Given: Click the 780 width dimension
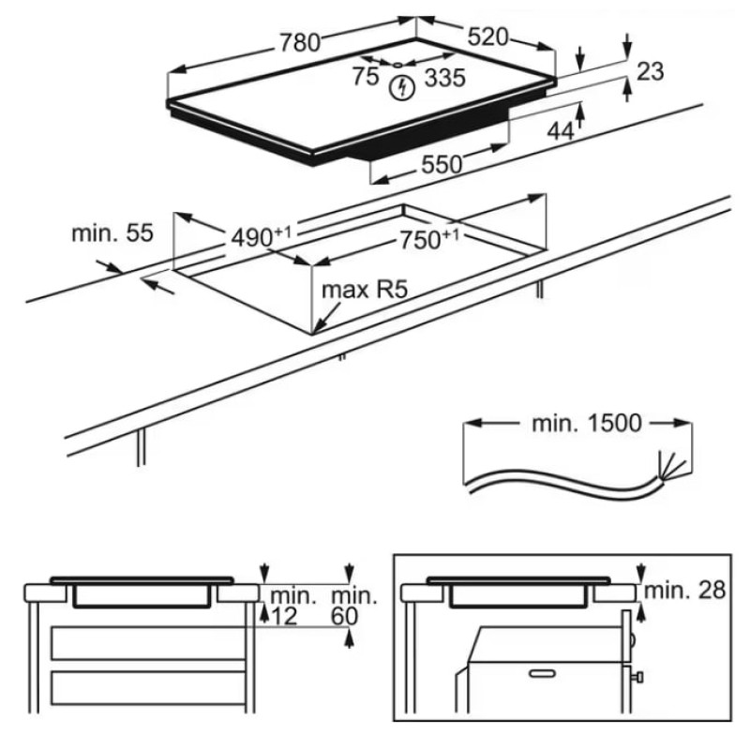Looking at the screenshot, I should (x=299, y=41).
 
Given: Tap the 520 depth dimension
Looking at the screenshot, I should (x=487, y=37).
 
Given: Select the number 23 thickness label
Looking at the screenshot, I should (x=649, y=70).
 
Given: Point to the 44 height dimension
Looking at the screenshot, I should (x=560, y=131).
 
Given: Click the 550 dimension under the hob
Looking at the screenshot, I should (x=441, y=165).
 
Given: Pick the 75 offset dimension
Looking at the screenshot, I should (x=366, y=78).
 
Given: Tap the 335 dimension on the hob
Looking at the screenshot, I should (x=444, y=79).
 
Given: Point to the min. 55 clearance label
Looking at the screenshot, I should (x=112, y=233).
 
